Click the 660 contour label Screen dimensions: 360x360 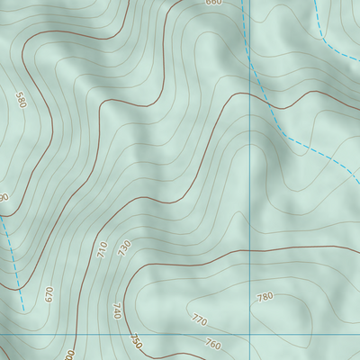tap(212, 3)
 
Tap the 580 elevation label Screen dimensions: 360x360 tap(21, 100)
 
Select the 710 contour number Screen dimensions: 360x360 tap(102, 248)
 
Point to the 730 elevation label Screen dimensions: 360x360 tap(124, 246)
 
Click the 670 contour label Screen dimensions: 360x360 tap(49, 294)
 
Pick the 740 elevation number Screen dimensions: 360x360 tap(116, 311)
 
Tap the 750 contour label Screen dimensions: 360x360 tap(135, 341)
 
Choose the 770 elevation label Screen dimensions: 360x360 tap(199, 319)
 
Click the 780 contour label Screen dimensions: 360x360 tap(265, 297)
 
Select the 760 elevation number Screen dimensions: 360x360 tap(212, 344)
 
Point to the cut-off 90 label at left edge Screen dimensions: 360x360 tap(4, 197)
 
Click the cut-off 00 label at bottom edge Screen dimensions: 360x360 tap(70, 355)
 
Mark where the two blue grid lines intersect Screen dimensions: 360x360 tap(249, 332)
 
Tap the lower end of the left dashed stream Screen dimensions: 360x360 tap(24, 310)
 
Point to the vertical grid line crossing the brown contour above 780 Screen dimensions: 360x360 tap(249, 249)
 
